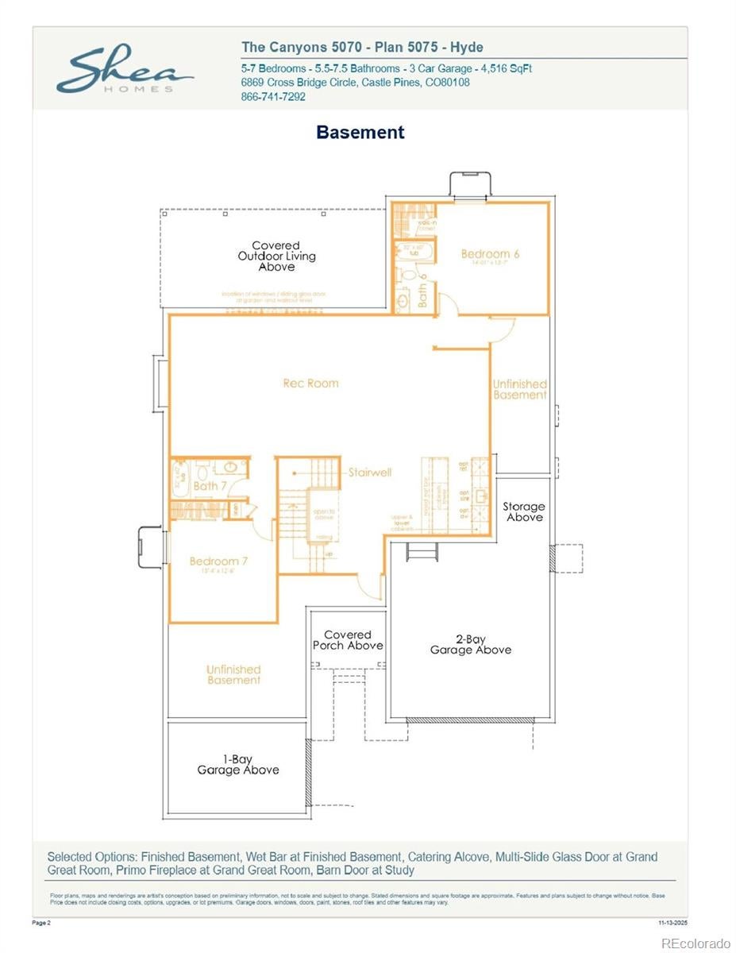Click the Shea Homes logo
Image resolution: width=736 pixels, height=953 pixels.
(x=125, y=71)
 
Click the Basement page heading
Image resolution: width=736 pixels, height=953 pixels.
(x=360, y=133)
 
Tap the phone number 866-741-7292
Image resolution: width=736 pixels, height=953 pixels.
(x=272, y=97)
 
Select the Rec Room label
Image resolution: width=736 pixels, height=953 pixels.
(x=310, y=384)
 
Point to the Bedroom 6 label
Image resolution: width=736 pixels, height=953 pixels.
(x=490, y=254)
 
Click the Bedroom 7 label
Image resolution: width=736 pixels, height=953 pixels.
(x=218, y=561)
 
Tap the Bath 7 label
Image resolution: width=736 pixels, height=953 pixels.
(x=210, y=486)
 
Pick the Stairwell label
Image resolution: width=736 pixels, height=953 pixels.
(x=370, y=473)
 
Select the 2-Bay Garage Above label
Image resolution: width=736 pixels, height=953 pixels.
(x=470, y=645)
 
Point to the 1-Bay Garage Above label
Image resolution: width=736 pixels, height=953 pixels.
(x=237, y=765)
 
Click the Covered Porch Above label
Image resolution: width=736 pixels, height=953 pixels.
(x=348, y=640)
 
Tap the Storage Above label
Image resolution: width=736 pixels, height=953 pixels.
(x=523, y=512)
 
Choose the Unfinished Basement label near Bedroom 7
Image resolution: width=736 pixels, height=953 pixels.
(x=233, y=675)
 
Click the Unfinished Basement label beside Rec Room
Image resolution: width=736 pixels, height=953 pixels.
(x=520, y=390)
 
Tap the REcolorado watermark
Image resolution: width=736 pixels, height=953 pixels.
(x=696, y=943)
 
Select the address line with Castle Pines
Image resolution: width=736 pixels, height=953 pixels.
(x=355, y=83)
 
